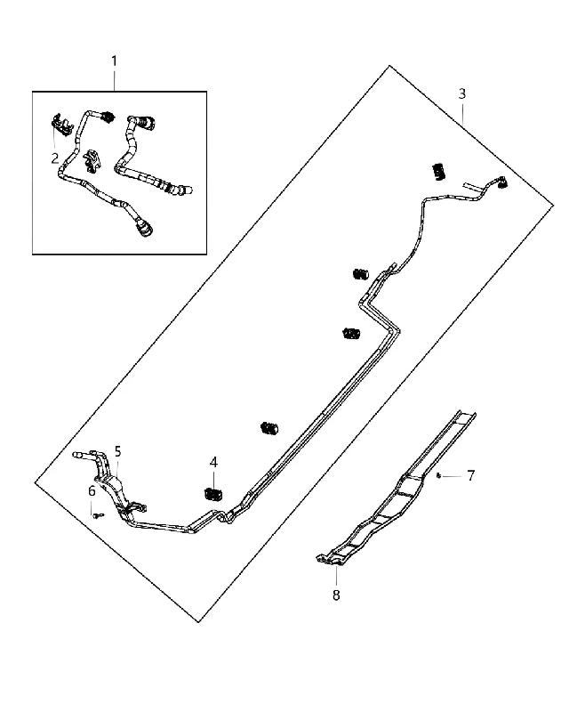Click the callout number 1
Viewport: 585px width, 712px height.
pos(115,61)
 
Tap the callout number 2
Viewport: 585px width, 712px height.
pos(55,158)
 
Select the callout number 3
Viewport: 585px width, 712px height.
pos(461,94)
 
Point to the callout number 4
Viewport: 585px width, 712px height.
pos(213,462)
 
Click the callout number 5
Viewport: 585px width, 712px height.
pos(118,451)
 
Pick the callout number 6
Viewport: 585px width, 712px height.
pos(92,491)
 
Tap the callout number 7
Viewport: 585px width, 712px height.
pos(470,476)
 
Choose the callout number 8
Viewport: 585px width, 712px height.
pos(336,595)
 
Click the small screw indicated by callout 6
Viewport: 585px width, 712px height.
pos(97,515)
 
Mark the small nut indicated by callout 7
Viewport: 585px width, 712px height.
pos(438,475)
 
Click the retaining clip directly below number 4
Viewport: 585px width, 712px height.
pos(212,494)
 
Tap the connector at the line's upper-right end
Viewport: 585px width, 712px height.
pos(502,182)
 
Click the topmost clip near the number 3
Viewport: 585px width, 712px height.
pos(438,171)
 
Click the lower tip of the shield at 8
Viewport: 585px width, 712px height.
pos(338,564)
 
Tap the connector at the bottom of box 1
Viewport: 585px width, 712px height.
pos(144,229)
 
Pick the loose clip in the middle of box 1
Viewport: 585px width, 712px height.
pos(92,161)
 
